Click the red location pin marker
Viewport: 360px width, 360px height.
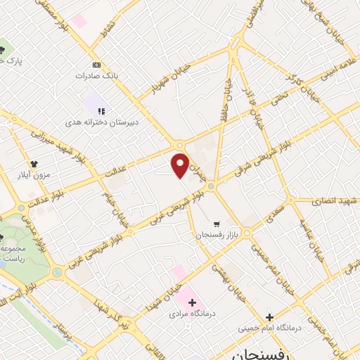pos(181,165)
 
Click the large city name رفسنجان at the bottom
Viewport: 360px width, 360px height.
pos(250,352)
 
